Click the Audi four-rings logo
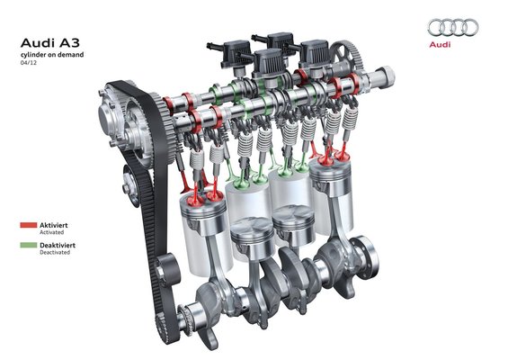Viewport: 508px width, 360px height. click(452, 27)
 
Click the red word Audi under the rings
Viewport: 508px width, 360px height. click(440, 44)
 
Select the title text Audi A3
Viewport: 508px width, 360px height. click(49, 43)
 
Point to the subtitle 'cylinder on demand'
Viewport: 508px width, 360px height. click(52, 55)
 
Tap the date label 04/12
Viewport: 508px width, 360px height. click(29, 63)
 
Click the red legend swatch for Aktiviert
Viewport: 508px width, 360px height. click(29, 225)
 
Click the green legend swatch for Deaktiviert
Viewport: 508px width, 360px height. click(29, 245)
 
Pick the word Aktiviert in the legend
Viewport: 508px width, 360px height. click(54, 225)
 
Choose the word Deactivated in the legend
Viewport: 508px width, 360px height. click(55, 252)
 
